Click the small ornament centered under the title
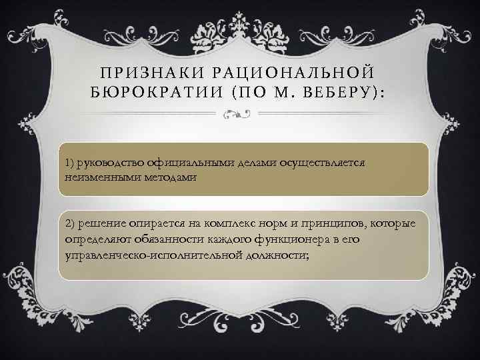(240, 115)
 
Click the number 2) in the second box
(70, 222)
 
